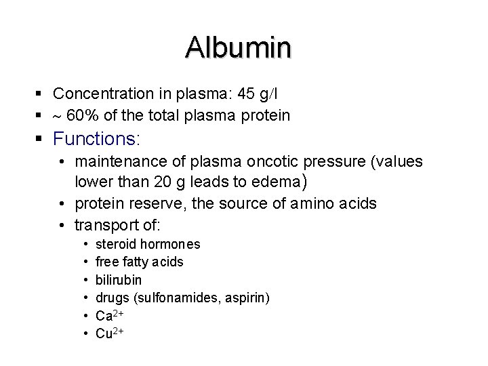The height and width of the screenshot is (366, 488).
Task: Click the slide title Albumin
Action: pos(239,47)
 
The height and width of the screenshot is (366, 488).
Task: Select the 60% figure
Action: pos(83,116)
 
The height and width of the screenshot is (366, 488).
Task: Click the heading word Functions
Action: pos(94,140)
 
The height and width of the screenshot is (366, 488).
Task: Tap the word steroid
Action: pos(115,244)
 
